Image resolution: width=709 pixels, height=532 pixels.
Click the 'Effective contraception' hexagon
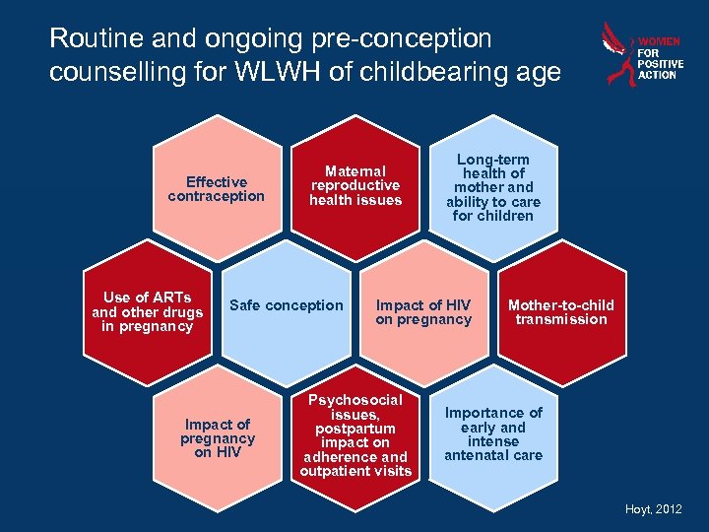[216, 189]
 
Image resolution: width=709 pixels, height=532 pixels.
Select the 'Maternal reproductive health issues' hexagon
[355, 186]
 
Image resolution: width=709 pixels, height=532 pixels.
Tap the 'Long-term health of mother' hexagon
[493, 187]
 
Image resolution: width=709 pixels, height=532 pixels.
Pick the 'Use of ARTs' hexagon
[147, 311]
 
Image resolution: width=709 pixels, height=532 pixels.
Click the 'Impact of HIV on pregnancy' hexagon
[423, 311]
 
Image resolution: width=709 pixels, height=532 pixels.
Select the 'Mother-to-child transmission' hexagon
[561, 311]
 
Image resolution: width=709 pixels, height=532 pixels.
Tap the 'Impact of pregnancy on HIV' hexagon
[217, 438]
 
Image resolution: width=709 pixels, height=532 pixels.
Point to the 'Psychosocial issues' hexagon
[355, 435]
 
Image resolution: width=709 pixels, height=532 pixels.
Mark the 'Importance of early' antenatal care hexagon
[493, 433]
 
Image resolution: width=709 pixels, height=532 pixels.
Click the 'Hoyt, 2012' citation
[653, 508]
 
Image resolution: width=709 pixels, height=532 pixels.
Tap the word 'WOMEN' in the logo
[659, 42]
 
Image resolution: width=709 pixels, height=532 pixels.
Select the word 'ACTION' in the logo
[657, 75]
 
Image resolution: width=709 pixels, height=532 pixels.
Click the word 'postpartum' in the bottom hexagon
[355, 429]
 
